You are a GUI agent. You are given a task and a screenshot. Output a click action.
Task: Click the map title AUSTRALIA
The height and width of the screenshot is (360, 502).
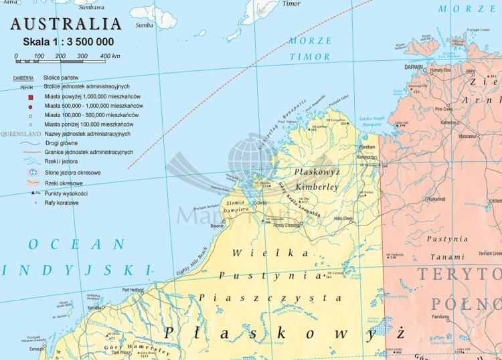coord(66,24)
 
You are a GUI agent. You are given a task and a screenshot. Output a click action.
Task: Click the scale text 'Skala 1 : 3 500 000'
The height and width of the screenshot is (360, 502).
coord(68,42)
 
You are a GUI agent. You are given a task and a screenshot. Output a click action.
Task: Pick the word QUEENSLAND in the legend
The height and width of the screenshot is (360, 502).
coord(21,134)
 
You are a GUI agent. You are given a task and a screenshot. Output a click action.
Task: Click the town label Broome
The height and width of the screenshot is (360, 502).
coord(218,226)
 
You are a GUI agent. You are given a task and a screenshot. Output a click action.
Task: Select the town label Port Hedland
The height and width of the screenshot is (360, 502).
coord(134,290)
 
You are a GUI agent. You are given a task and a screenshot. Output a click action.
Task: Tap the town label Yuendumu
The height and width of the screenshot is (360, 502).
coord(440,317)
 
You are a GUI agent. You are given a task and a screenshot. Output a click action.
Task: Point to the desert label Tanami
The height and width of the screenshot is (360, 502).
coord(448,256)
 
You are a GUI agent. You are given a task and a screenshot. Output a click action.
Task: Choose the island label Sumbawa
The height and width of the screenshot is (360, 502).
coord(92,7)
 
